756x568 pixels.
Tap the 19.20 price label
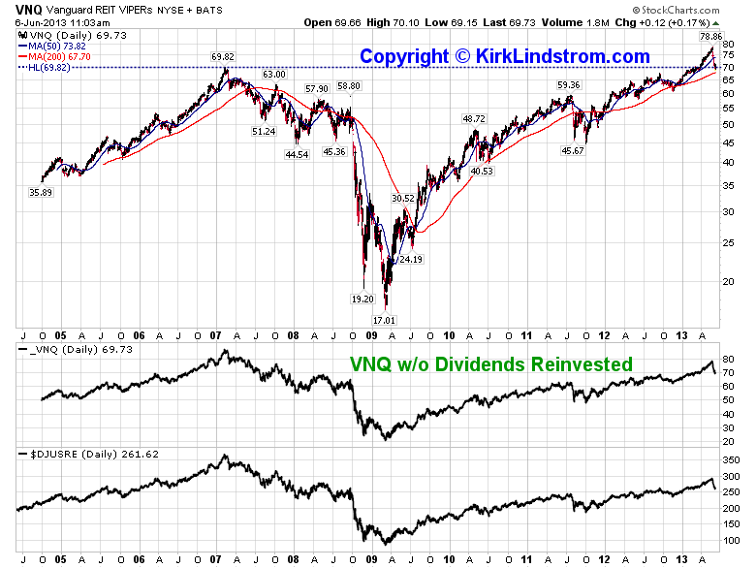[362, 300]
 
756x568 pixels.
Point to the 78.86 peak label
[711, 36]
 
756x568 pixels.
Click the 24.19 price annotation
[411, 259]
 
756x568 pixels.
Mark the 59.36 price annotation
[568, 85]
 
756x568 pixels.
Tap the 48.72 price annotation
[474, 118]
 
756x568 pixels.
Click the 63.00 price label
[274, 75]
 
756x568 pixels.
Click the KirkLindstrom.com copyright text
[504, 56]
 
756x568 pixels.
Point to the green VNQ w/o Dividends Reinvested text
[490, 364]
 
